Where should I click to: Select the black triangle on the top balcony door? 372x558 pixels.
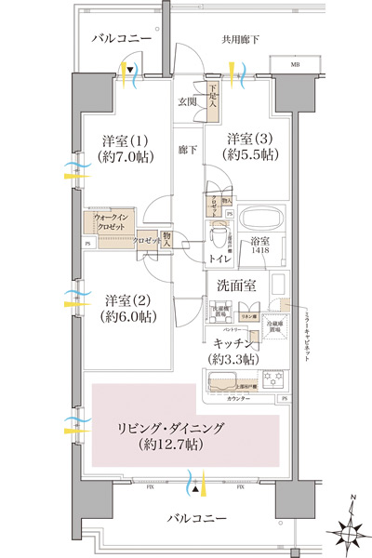[131, 70]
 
